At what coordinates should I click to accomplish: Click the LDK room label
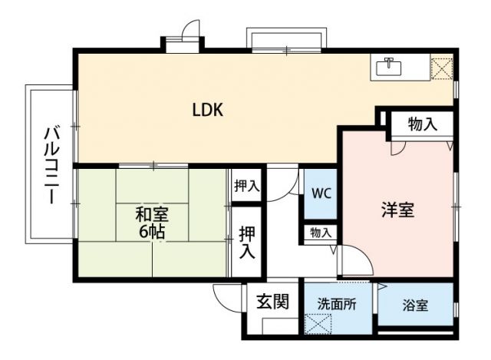tap(207, 110)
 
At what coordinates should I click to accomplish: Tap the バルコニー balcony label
tap(51, 163)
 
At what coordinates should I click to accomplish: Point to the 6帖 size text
tap(152, 231)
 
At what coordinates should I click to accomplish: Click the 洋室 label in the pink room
tap(398, 210)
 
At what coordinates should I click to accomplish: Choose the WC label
tap(321, 193)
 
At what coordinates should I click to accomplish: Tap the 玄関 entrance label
tap(272, 302)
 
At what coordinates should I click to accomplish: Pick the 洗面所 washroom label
tap(337, 304)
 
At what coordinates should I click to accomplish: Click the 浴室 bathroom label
tap(415, 305)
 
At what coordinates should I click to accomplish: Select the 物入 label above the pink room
tap(423, 124)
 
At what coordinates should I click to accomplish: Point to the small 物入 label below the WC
tap(321, 232)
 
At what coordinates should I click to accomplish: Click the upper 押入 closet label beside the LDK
tap(247, 186)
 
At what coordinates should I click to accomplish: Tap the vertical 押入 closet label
tap(247, 241)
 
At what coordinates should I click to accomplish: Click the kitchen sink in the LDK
tap(390, 67)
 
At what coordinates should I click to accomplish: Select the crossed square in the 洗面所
tap(317, 323)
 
